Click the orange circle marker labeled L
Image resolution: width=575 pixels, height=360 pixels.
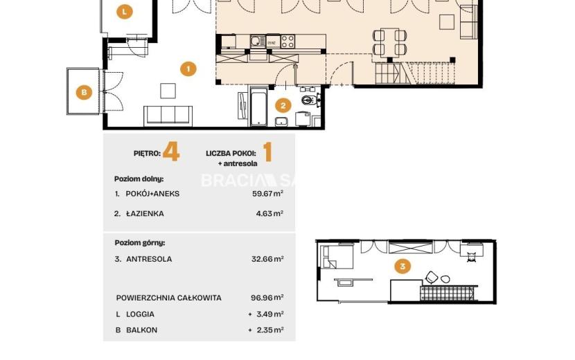[125, 12]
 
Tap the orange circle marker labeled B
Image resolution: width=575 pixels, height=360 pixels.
[84, 92]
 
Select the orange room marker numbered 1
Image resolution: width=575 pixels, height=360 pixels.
[188, 69]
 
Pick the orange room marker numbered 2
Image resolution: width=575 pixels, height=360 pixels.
[283, 106]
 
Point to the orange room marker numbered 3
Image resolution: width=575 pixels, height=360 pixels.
[402, 266]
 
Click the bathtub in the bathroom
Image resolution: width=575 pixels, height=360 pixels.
[258, 107]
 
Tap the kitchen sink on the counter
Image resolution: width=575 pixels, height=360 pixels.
[258, 41]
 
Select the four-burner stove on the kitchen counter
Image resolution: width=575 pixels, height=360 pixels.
[287, 41]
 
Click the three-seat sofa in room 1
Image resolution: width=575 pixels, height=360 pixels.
[168, 116]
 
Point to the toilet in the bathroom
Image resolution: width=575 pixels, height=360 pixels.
[310, 100]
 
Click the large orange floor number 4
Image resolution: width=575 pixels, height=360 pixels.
[171, 152]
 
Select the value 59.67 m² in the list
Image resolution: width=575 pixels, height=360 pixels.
[267, 193]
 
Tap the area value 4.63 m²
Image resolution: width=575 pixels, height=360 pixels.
[269, 213]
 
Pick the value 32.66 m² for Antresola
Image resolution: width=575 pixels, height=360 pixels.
[267, 259]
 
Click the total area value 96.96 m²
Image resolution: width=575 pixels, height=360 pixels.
[267, 297]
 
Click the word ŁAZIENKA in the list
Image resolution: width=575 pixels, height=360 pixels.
[145, 214]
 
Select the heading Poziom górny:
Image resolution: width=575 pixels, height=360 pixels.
[140, 243]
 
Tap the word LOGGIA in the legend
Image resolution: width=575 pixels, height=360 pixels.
[140, 314]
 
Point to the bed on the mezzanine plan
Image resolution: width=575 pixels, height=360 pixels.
[337, 257]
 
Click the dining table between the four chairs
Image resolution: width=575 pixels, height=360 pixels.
[389, 42]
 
